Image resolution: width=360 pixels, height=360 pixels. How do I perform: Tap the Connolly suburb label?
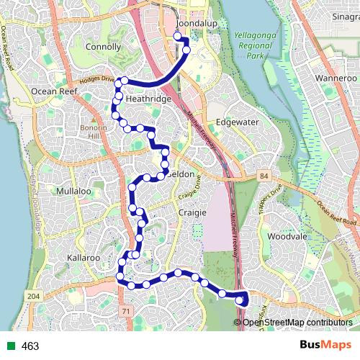[103, 47]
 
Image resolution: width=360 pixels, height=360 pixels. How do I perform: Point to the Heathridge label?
[148, 99]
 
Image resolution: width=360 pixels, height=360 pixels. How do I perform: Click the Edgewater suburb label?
[237, 122]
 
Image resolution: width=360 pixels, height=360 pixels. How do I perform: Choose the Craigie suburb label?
[192, 213]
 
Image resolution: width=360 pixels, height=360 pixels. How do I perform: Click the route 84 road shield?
[264, 175]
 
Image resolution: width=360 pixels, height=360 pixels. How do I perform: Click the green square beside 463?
[8, 346]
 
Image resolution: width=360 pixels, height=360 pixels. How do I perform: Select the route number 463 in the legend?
[30, 346]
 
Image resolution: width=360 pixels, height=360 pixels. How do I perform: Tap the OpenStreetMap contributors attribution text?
[297, 322]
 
